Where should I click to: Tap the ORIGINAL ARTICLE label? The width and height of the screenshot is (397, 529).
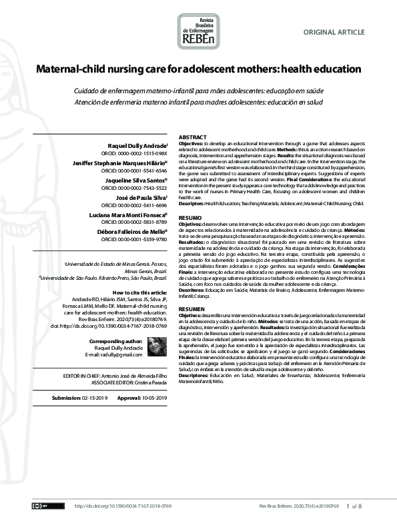[334, 32]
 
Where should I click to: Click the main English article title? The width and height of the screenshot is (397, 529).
[198, 69]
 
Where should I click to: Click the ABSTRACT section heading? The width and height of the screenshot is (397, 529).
[193, 137]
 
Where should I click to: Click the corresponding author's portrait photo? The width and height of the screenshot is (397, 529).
[156, 345]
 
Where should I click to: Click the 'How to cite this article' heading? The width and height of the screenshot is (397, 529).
[140, 293]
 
